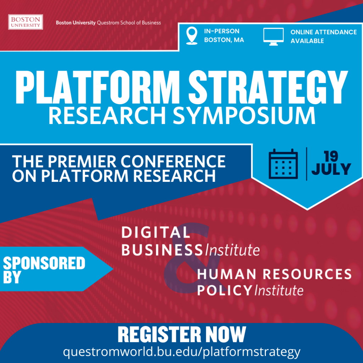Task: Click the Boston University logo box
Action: coord(26,22)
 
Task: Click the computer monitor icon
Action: coord(273,37)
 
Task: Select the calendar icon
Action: coord(283,163)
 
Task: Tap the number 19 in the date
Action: coord(331,156)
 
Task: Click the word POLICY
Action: coord(224,290)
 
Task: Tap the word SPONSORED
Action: coord(44,263)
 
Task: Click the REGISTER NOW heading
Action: coord(181,334)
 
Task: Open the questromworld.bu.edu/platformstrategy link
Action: coord(181,352)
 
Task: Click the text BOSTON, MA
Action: coord(224,40)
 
